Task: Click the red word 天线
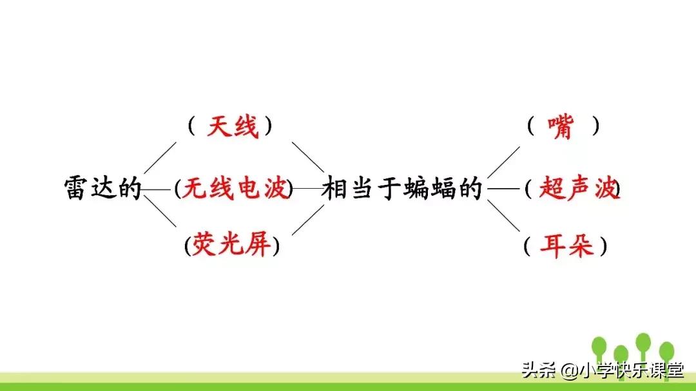pos(232,127)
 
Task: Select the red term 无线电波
pos(235,189)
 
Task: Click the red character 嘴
pos(560,127)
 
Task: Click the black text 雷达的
pos(103,189)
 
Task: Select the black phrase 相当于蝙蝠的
pos(402,189)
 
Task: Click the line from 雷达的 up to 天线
pos(159,158)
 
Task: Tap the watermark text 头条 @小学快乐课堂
pos(602,370)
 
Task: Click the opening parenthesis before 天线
pos(191,126)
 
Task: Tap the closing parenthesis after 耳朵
pos(603,246)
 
